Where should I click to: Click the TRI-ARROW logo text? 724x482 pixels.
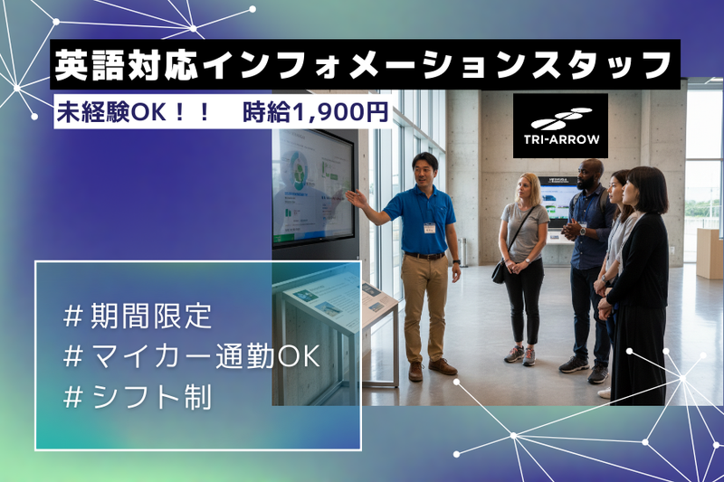point(561,139)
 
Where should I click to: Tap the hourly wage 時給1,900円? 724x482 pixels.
point(315,113)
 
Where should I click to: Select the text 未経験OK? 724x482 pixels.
point(114,113)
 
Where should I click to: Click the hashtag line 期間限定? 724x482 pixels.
point(138,316)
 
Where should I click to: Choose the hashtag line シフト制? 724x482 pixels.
point(138,397)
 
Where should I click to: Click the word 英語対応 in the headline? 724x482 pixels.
point(127,65)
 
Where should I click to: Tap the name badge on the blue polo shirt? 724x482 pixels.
point(430,228)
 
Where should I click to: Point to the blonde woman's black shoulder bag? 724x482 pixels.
point(499,272)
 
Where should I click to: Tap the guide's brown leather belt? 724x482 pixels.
point(424,256)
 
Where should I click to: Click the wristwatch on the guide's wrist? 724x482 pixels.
point(456,262)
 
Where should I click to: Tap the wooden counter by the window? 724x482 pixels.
point(710,253)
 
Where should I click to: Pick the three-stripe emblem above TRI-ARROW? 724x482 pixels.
point(561,119)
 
